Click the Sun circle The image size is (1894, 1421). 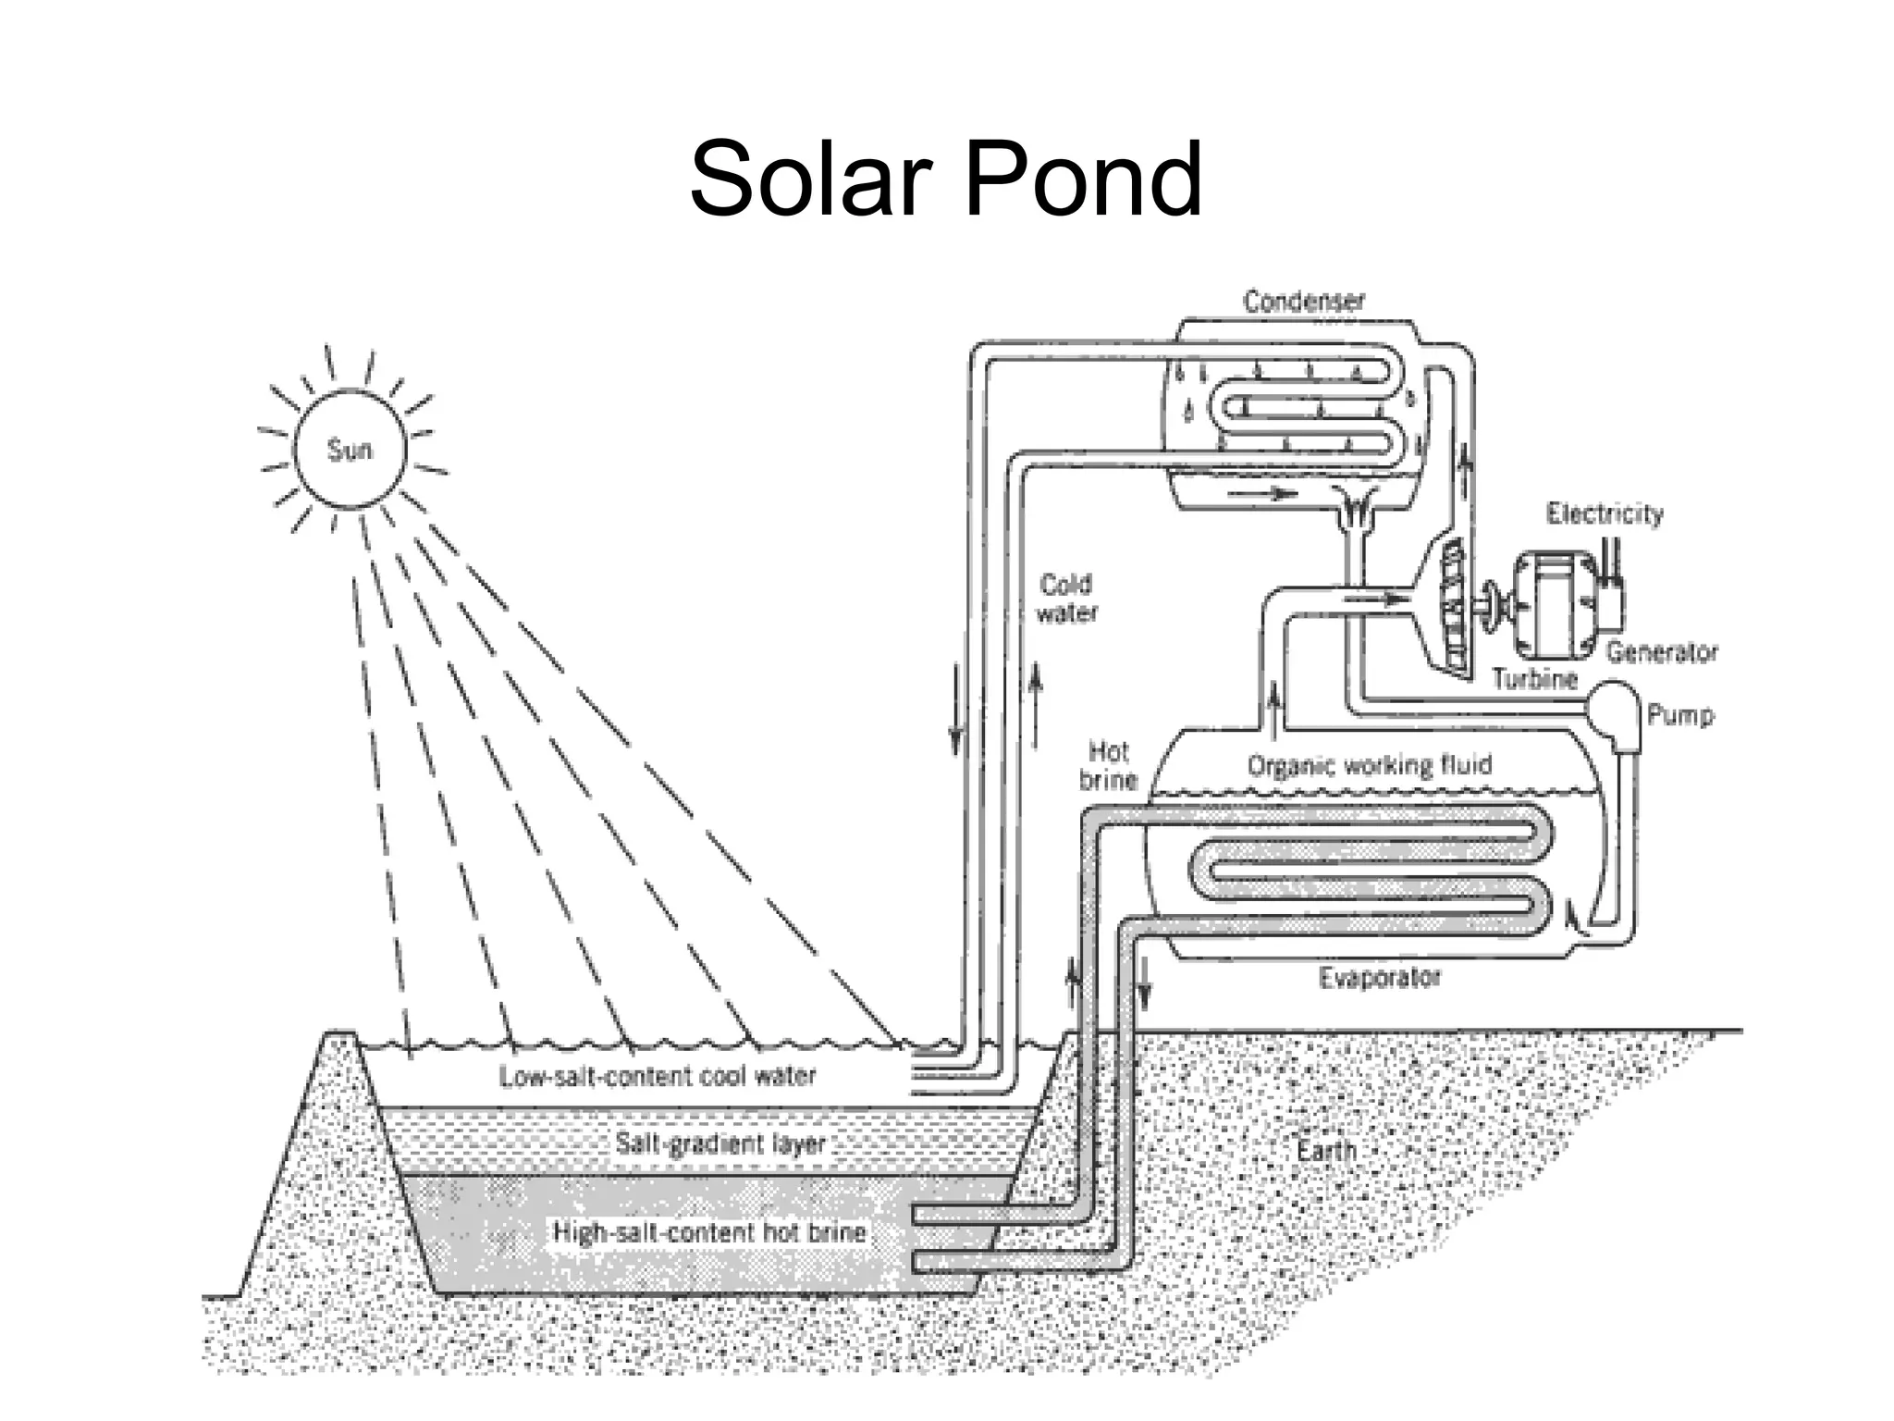tap(350, 450)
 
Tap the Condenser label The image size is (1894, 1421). tap(1303, 302)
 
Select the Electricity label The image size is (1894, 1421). tap(1605, 513)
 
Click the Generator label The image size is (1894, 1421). tap(1661, 652)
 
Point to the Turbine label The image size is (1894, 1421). tap(1534, 679)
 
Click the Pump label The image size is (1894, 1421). tap(1679, 714)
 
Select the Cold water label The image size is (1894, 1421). tap(1066, 599)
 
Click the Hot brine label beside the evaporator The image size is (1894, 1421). tap(1108, 765)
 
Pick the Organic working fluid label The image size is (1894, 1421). tap(1369, 765)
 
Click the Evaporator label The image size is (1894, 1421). tap(1379, 978)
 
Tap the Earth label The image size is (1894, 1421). tap(1326, 1151)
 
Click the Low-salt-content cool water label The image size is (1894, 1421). tap(658, 1076)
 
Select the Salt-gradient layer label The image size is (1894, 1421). tap(719, 1143)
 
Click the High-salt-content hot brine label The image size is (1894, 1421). tap(709, 1232)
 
